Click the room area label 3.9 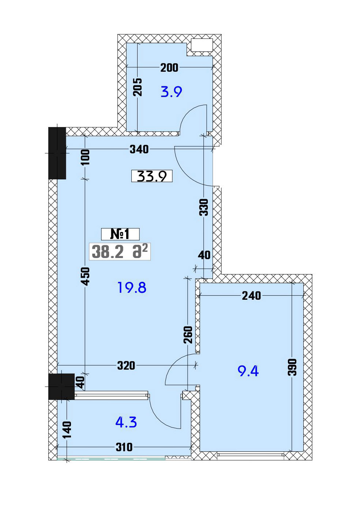coord(171,92)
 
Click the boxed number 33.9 coord(152,176)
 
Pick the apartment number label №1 coord(120,234)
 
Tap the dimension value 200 coord(169,68)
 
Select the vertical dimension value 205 coord(138,87)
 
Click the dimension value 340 coord(139,149)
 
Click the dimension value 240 coord(251,296)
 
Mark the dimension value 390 coord(292,367)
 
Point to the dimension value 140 coord(67,430)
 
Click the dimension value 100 coord(86,157)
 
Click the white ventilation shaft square coord(202,45)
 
